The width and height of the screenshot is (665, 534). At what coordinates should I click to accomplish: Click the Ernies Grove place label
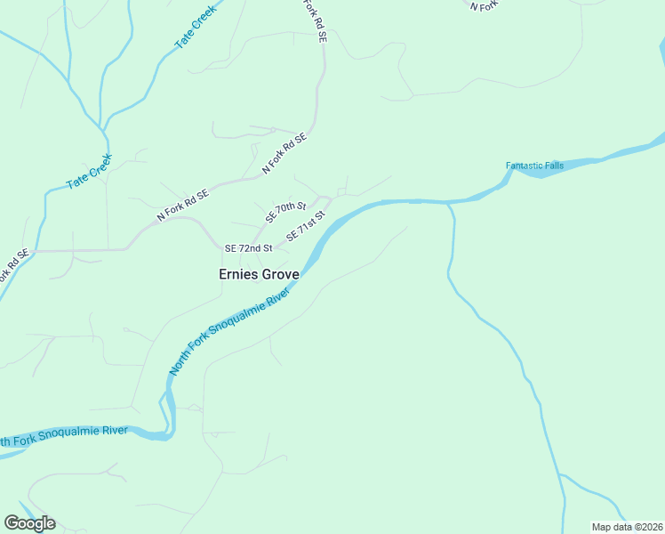pyautogui.click(x=259, y=274)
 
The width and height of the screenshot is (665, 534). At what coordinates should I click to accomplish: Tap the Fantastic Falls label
pyautogui.click(x=534, y=166)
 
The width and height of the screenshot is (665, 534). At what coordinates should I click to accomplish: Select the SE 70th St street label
pyautogui.click(x=285, y=214)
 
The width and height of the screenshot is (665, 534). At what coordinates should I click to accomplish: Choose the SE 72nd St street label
pyautogui.click(x=248, y=248)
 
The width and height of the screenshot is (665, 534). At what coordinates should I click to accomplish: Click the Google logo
pyautogui.click(x=29, y=523)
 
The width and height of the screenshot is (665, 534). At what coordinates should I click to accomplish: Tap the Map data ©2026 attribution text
pyautogui.click(x=627, y=526)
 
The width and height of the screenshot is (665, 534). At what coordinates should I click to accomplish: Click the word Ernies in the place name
pyautogui.click(x=238, y=274)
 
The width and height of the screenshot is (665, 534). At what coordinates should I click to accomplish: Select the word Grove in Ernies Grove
pyautogui.click(x=279, y=274)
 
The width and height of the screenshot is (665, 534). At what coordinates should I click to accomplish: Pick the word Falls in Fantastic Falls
pyautogui.click(x=553, y=166)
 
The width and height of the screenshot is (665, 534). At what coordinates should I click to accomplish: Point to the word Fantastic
pyautogui.click(x=524, y=166)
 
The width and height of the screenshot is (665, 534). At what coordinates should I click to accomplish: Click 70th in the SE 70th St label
pyautogui.click(x=286, y=213)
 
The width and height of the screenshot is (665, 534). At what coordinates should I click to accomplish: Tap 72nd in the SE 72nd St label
pyautogui.click(x=250, y=248)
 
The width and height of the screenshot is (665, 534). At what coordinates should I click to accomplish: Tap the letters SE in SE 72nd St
pyautogui.click(x=231, y=248)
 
